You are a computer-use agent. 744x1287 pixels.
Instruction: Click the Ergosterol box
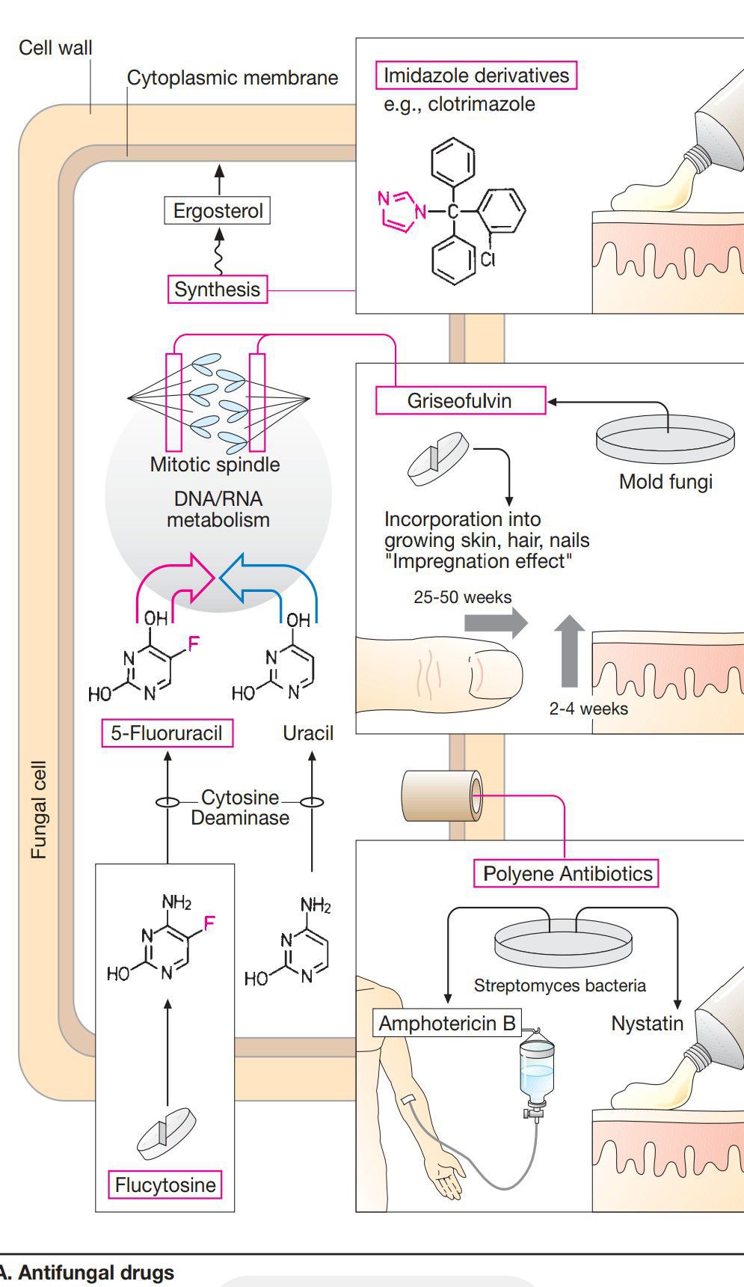(218, 210)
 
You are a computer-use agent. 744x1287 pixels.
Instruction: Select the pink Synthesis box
(217, 289)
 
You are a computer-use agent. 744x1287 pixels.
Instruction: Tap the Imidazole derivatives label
(476, 76)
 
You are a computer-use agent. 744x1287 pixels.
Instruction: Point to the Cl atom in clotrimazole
(488, 259)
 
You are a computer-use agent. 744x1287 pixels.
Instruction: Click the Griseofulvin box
(459, 400)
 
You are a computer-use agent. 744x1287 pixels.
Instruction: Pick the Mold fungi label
(665, 481)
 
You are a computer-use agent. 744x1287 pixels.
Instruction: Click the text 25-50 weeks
(463, 597)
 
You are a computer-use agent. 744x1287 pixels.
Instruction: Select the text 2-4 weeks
(588, 708)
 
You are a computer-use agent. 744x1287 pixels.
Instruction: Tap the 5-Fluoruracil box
(167, 733)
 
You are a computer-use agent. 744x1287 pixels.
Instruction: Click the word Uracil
(308, 733)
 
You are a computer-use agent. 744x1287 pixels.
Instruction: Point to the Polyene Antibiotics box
(567, 873)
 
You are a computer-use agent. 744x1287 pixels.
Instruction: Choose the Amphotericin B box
(447, 1023)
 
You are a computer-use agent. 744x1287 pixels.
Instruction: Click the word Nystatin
(647, 1023)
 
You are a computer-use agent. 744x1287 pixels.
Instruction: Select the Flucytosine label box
(165, 1184)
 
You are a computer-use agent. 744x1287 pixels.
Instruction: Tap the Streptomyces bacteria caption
(559, 985)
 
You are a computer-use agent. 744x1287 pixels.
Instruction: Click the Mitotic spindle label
(215, 464)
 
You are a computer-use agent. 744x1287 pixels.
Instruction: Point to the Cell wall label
(55, 48)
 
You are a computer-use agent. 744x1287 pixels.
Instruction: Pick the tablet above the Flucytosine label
(167, 1133)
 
